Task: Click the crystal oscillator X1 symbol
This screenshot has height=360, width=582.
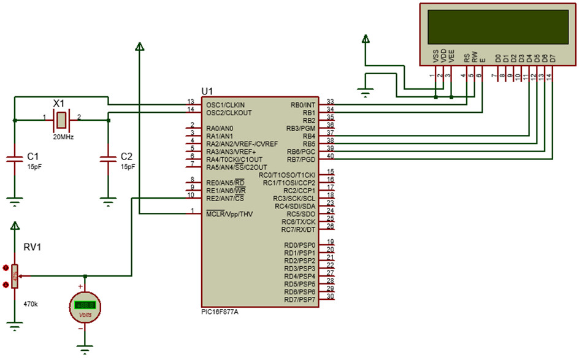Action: tap(62, 120)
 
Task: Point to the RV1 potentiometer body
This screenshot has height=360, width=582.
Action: tap(15, 276)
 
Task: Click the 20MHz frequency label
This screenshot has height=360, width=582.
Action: tap(63, 137)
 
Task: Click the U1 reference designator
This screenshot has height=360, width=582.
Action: tap(208, 91)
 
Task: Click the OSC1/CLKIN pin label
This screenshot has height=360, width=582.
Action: tap(224, 104)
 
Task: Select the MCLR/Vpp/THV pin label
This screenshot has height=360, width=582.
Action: tap(230, 214)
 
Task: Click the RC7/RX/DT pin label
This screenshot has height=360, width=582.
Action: tap(298, 229)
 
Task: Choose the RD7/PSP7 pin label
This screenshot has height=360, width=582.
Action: tap(299, 300)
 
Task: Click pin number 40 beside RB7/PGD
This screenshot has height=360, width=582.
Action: tap(330, 156)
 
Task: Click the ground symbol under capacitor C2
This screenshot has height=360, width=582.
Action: tap(109, 199)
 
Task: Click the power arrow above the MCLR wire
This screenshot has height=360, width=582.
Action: tap(140, 47)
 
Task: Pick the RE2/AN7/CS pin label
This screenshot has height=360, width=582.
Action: tap(225, 198)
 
